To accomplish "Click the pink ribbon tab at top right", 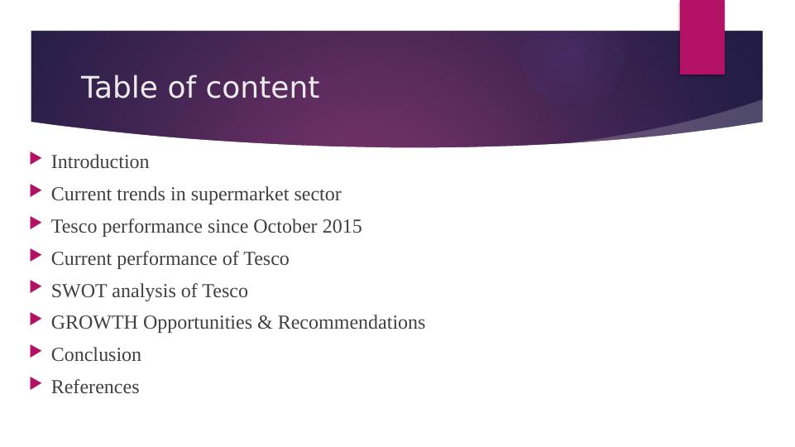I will pos(702,36).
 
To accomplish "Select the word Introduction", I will pos(100,162).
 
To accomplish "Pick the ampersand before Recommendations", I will pos(265,323).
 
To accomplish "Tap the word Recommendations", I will pos(351,323).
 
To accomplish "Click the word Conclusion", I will pos(96,355).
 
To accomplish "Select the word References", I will pos(95,387).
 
